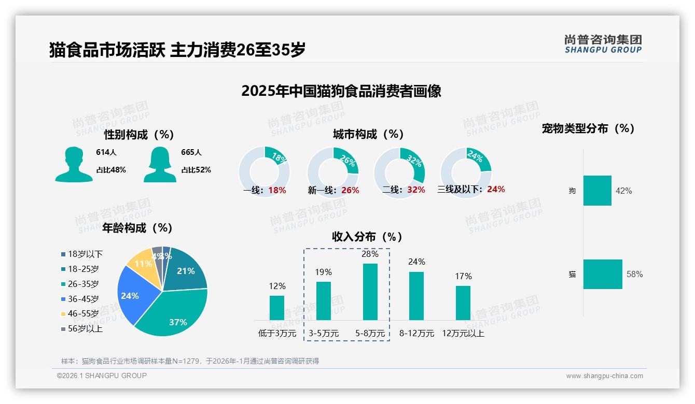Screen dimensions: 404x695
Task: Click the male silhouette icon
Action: tap(74, 164)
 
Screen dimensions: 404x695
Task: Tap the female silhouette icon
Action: tap(160, 164)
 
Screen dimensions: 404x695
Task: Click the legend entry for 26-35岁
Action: tap(84, 284)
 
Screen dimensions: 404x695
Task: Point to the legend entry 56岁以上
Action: tap(85, 329)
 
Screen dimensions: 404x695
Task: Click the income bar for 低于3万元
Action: tap(277, 308)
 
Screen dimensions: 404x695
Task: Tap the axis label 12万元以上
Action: tap(463, 334)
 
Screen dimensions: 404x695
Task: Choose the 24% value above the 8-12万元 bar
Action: tap(416, 262)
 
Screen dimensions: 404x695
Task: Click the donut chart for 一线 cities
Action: tap(264, 172)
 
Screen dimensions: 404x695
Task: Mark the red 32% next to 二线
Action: tap(416, 190)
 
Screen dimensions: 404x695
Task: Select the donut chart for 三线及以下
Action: tap(465, 166)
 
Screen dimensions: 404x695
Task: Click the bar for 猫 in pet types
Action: tap(603, 274)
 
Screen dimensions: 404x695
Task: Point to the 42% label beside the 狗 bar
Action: tap(623, 191)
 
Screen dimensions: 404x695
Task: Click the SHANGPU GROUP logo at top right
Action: tap(603, 44)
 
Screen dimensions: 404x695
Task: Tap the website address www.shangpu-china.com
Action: tap(604, 376)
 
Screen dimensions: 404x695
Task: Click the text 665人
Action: tap(191, 152)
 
